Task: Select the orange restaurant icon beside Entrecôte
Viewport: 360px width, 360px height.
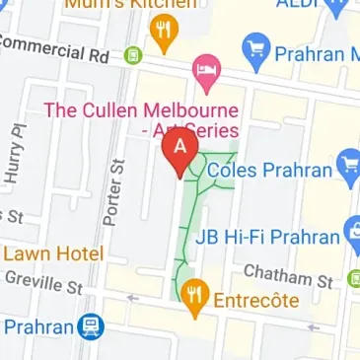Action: (x=195, y=297)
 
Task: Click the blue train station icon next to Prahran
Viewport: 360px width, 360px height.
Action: (x=91, y=324)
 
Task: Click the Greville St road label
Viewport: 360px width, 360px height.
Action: (x=45, y=283)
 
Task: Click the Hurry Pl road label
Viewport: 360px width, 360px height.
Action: (x=15, y=156)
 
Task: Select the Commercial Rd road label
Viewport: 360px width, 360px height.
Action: (x=59, y=50)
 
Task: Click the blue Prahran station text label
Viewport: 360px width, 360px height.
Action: (x=38, y=325)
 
